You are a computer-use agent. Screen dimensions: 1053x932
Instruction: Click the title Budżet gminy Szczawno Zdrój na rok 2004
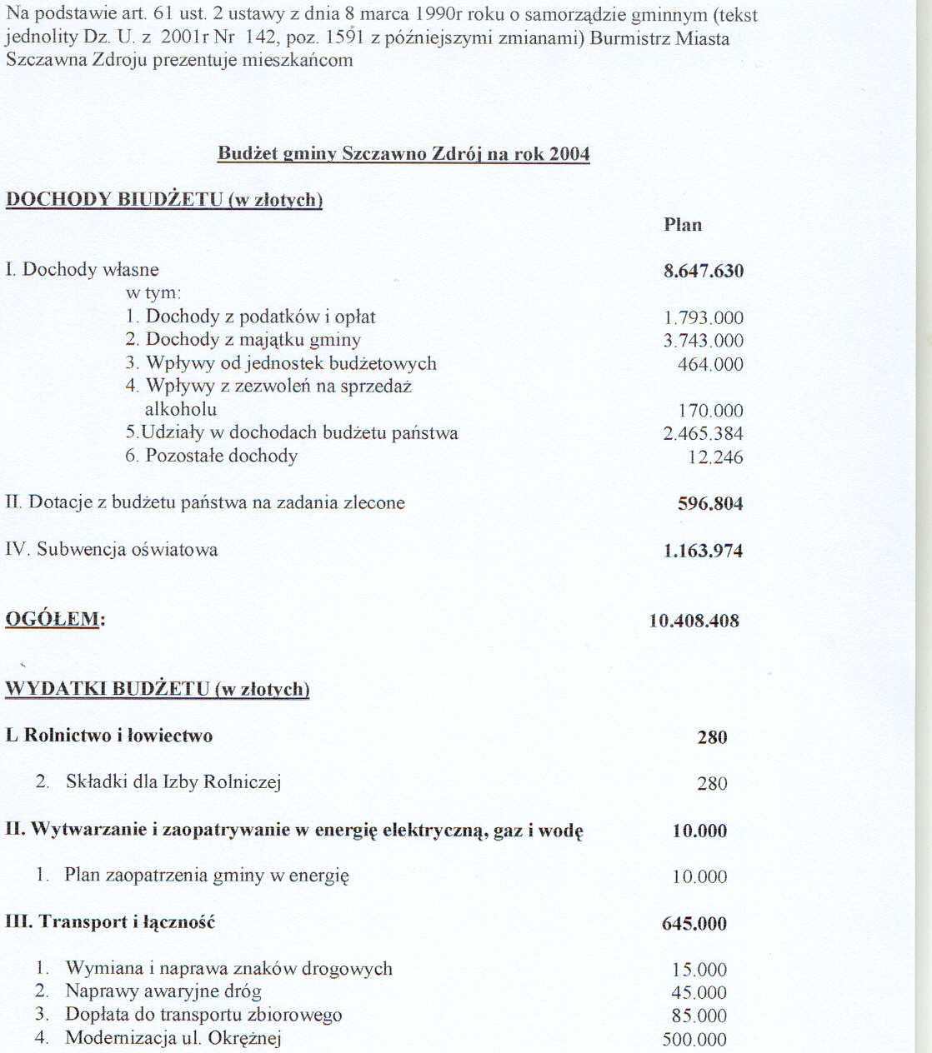[403, 154]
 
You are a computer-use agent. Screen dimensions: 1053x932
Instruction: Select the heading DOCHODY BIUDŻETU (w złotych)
[163, 200]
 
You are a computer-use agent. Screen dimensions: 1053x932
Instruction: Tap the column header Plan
[683, 225]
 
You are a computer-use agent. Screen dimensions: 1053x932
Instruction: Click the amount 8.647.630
[704, 271]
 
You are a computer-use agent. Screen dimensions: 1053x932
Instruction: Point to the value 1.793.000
[704, 317]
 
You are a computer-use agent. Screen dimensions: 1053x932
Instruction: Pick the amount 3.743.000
[704, 341]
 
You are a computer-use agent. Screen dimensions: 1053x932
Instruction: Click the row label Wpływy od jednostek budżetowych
[291, 363]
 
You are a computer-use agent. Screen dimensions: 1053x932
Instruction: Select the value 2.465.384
[704, 433]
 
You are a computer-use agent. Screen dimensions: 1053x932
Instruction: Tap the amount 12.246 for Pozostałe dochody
[715, 457]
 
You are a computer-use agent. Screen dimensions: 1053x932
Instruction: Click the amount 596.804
[710, 503]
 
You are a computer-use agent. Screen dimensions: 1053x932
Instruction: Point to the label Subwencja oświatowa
[127, 550]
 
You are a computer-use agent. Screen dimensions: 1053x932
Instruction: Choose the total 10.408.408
[694, 621]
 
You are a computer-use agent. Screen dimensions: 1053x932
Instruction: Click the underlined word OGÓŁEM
[53, 619]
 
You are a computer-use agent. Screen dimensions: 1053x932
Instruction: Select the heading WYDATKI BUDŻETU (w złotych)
[158, 689]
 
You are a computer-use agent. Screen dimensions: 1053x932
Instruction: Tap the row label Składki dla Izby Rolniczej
[173, 781]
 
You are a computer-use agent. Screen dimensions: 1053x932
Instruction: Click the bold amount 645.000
[694, 923]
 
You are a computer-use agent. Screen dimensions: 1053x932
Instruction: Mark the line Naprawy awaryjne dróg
[163, 991]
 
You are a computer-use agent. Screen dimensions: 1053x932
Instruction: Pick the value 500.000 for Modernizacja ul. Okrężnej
[694, 1039]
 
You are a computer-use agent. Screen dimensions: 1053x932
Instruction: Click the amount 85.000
[699, 1016]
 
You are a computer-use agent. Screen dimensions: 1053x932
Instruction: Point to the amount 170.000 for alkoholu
[710, 411]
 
